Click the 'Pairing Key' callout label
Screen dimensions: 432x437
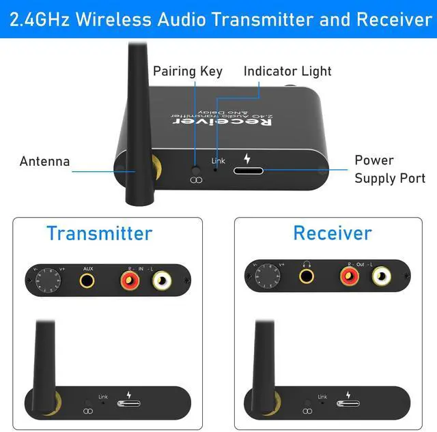[187, 71]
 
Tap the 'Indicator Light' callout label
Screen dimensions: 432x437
[287, 71]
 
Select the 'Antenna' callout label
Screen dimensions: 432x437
[44, 162]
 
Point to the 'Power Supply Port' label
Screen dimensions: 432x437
[384, 169]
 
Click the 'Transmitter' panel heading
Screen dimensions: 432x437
[99, 233]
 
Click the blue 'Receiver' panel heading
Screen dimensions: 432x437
[332, 233]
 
